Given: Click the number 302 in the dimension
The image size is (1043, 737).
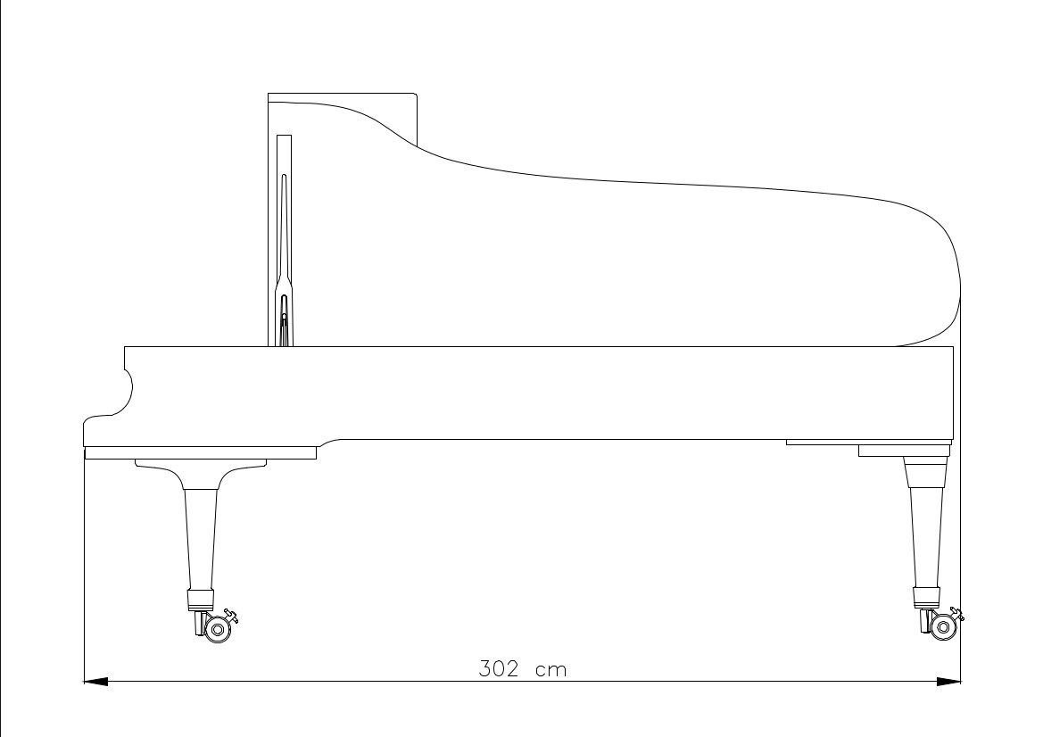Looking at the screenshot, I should (499, 669).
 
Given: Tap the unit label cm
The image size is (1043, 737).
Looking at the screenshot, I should (550, 669).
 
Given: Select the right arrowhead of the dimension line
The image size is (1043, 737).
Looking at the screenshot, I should (949, 682).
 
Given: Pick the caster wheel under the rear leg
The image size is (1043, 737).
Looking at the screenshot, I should (942, 627).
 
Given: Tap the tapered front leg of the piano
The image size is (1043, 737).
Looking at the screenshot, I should (200, 540).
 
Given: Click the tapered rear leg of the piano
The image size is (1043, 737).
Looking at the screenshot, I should (925, 535).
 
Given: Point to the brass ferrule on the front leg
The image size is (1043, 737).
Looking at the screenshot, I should (200, 599).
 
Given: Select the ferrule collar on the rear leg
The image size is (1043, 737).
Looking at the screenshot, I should (926, 595).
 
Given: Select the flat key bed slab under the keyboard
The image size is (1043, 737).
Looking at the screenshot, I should (201, 452).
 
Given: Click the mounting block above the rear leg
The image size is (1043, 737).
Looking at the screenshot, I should (902, 451).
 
